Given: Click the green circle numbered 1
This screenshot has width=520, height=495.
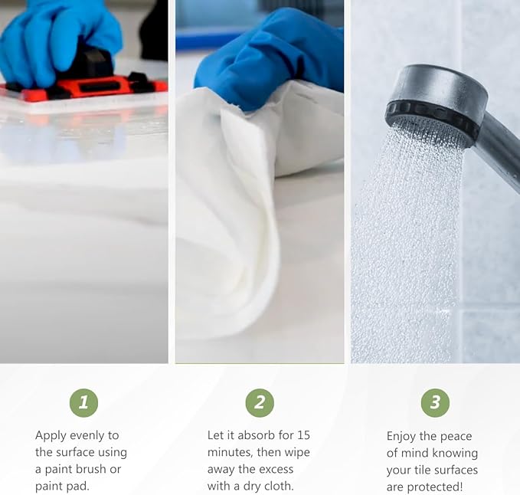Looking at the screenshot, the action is coord(84,403).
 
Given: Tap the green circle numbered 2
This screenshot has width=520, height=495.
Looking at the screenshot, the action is coord(260,403).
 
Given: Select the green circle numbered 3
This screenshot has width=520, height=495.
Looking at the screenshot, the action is coord(435,403).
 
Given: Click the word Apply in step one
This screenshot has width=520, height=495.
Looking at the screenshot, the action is coord(51,436).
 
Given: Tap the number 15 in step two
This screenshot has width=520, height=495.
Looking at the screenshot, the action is coord(303,435).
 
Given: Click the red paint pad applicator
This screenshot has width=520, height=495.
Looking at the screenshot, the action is coord(83,89).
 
